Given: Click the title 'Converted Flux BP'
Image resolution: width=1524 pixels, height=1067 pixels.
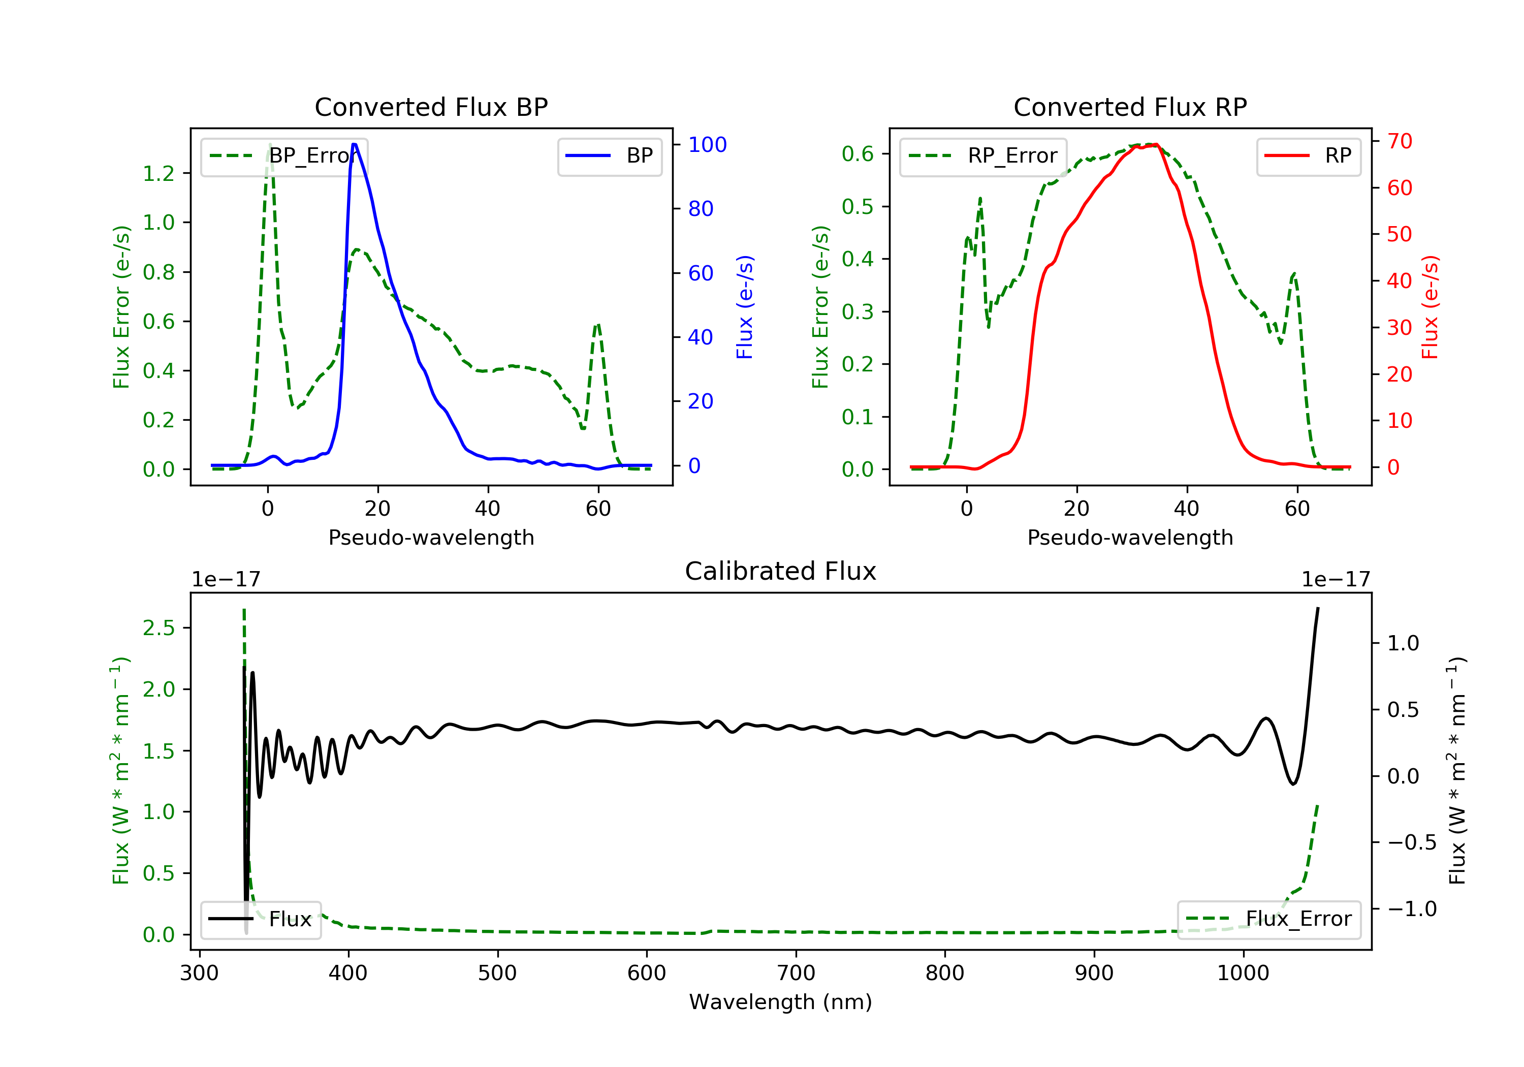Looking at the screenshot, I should [x=431, y=107].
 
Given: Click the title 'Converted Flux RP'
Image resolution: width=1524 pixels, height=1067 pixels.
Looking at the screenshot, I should [x=1130, y=107].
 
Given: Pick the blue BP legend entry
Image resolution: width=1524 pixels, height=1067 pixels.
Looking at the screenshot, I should [x=609, y=156].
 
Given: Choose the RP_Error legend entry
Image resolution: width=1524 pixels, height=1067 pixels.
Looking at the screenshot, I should [x=982, y=156].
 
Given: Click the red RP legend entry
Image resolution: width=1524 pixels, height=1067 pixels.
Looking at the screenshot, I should [x=1308, y=156].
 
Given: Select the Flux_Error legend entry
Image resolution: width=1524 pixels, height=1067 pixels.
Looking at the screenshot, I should [x=1268, y=919].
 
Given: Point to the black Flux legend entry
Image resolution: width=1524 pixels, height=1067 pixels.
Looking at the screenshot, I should [x=260, y=919].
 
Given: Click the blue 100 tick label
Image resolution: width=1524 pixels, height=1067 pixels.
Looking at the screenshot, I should [x=707, y=145].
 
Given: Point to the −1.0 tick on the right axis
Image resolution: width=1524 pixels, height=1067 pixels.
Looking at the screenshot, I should [x=1411, y=909].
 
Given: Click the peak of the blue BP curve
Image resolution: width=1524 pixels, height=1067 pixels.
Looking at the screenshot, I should [x=355, y=144].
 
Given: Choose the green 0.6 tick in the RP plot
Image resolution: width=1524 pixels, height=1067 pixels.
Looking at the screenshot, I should [x=858, y=154].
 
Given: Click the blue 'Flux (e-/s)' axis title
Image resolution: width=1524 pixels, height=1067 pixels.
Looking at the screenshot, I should [x=745, y=307].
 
